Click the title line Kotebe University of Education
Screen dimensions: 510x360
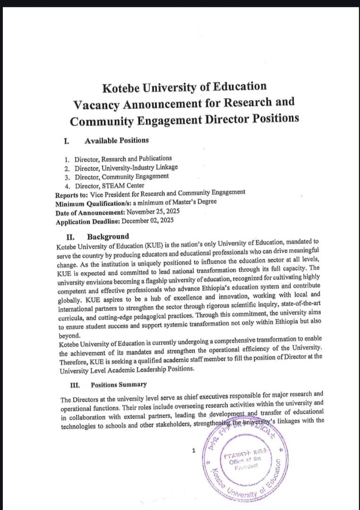(184, 87)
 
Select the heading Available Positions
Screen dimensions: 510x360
(116, 140)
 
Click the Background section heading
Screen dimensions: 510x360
(108, 236)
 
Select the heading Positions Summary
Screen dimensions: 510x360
(119, 384)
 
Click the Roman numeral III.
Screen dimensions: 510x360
(75, 384)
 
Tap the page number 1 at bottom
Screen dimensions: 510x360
(194, 450)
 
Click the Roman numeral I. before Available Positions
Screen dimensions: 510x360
(67, 140)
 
